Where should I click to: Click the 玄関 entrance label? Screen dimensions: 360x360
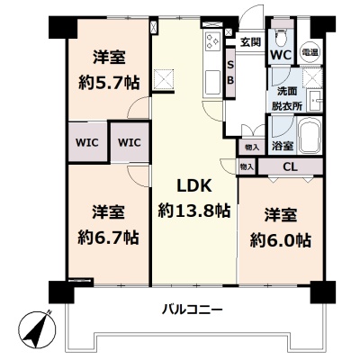pyautogui.click(x=250, y=42)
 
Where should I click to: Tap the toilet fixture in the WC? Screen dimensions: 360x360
pyautogui.click(x=282, y=37)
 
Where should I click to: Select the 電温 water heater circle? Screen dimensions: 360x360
pyautogui.click(x=310, y=52)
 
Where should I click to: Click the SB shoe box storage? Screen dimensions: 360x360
pyautogui.click(x=230, y=73)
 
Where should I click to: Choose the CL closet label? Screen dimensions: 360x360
pyautogui.click(x=290, y=166)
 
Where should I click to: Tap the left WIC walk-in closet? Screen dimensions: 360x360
pyautogui.click(x=87, y=142)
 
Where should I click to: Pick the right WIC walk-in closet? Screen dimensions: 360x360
pyautogui.click(x=130, y=142)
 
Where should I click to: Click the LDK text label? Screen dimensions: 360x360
pyautogui.click(x=194, y=186)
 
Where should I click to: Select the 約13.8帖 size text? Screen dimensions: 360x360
pyautogui.click(x=194, y=211)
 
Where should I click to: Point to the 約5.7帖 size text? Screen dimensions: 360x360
pyautogui.click(x=109, y=83)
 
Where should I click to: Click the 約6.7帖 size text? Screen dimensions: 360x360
pyautogui.click(x=108, y=238)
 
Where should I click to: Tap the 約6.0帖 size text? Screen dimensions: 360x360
pyautogui.click(x=281, y=239)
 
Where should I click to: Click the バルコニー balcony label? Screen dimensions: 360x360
pyautogui.click(x=193, y=309)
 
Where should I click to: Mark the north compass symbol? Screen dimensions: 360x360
pyautogui.click(x=37, y=328)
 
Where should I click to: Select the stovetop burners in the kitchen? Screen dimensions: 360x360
pyautogui.click(x=212, y=40)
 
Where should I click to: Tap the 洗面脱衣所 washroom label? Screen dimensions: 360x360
pyautogui.click(x=287, y=99)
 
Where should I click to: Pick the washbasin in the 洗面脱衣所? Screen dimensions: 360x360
pyautogui.click(x=315, y=100)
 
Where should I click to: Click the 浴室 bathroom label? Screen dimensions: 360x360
pyautogui.click(x=283, y=146)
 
